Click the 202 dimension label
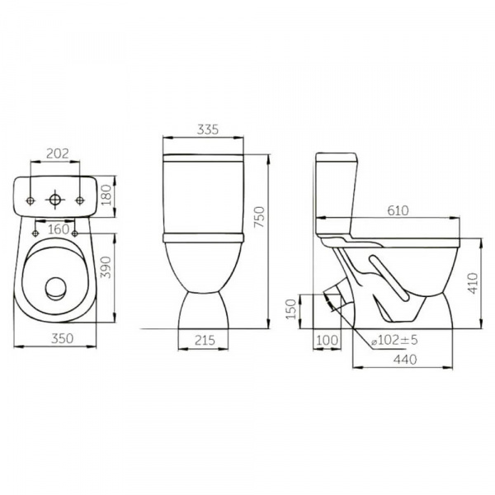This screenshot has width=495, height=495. click(58, 153)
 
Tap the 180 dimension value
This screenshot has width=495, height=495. click(106, 195)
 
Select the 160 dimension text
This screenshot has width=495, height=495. click(59, 229)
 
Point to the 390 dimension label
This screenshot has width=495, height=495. click(106, 267)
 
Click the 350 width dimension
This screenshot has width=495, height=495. click(62, 338)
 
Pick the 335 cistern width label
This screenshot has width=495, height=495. click(208, 130)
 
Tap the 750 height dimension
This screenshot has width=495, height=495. click(260, 217)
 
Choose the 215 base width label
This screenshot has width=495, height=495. click(205, 340)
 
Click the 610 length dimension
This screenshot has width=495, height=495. click(398, 210)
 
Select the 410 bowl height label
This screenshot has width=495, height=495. click(473, 283)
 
